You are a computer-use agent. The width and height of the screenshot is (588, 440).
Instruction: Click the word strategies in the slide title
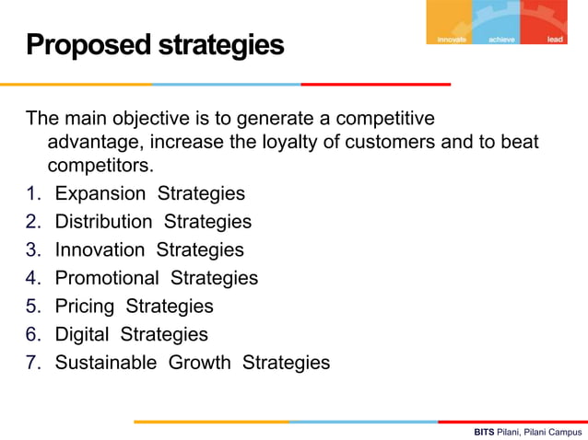click(x=219, y=44)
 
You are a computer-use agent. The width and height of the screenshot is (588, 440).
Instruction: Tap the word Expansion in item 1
click(x=100, y=193)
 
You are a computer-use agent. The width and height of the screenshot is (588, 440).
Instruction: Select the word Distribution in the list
click(x=103, y=222)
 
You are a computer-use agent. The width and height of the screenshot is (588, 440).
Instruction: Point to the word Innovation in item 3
click(x=100, y=249)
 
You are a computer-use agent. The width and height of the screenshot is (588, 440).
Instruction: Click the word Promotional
click(x=107, y=278)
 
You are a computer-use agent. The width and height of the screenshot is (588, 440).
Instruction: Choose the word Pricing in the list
click(x=85, y=306)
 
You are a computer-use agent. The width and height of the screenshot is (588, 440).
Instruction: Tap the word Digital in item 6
click(x=82, y=334)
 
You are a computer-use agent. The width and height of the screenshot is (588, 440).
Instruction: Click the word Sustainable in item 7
click(x=106, y=363)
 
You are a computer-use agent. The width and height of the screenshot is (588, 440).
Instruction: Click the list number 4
click(x=32, y=278)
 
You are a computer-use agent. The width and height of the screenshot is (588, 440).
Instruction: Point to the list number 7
click(x=32, y=363)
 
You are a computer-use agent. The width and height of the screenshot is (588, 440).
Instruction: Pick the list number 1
click(x=32, y=193)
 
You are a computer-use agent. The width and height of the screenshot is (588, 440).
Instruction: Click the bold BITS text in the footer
click(x=484, y=431)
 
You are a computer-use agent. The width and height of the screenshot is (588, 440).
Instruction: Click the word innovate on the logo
click(x=452, y=40)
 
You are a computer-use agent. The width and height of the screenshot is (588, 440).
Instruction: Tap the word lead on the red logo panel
click(x=555, y=40)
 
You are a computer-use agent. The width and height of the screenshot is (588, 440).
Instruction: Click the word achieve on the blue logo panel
click(x=502, y=40)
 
